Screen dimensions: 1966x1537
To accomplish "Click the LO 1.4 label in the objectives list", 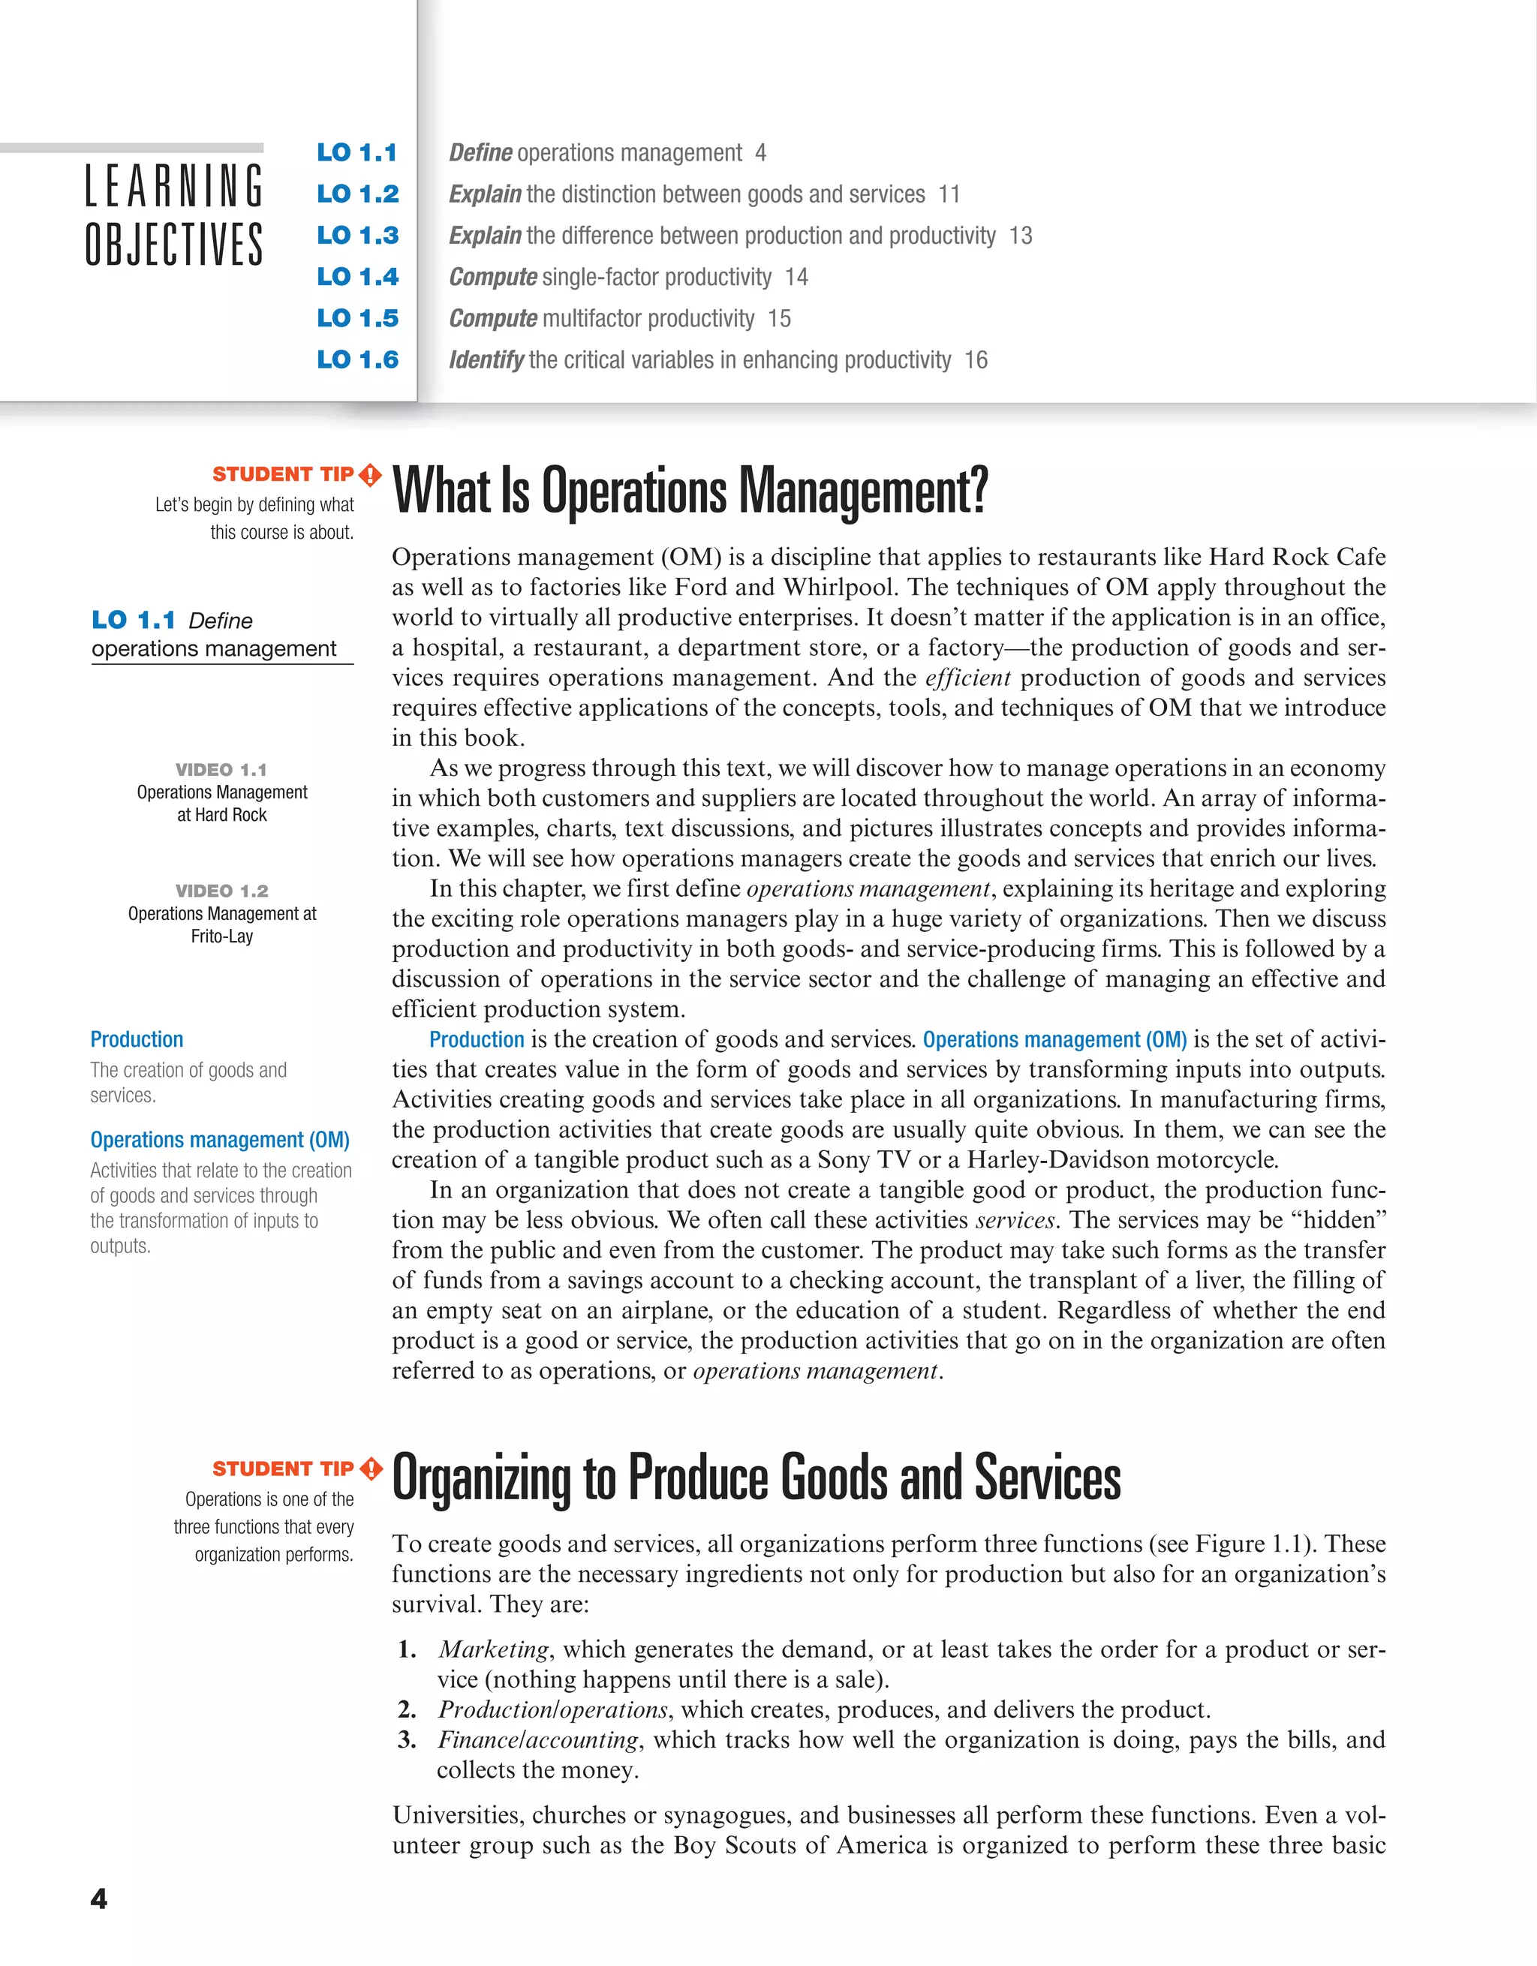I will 357,276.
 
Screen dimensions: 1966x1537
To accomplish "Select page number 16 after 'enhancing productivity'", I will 976,360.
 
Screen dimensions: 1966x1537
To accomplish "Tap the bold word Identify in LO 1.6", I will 486,360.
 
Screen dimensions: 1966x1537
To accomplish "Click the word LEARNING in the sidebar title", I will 174,185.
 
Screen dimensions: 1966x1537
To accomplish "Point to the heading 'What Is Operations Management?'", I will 690,491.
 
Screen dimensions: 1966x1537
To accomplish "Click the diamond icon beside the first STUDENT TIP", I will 370,474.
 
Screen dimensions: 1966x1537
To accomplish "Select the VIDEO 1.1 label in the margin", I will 221,770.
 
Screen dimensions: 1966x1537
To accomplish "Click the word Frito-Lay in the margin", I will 221,936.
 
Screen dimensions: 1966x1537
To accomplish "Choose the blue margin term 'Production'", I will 137,1040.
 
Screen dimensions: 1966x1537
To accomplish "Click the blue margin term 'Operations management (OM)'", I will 220,1140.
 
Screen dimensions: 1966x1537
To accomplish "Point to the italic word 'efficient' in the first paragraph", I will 968,678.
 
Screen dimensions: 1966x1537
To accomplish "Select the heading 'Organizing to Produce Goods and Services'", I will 756,1478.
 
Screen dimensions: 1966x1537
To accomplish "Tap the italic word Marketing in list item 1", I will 493,1649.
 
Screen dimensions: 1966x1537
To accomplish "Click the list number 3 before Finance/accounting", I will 407,1740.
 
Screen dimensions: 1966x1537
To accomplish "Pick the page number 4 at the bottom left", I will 99,1898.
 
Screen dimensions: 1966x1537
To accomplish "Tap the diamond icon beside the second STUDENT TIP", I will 371,1469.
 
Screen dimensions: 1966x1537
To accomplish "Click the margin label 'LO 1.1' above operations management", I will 134,621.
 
